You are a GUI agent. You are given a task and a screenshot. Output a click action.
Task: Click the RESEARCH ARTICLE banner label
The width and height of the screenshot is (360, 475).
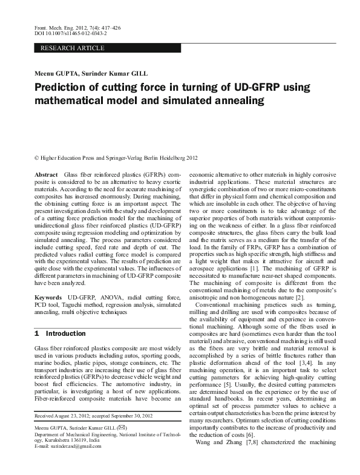(72, 48)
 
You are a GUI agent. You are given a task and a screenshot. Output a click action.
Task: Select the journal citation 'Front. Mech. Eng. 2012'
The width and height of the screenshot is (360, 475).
(53, 28)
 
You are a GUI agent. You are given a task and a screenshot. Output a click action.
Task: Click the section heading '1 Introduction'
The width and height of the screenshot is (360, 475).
(61, 333)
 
